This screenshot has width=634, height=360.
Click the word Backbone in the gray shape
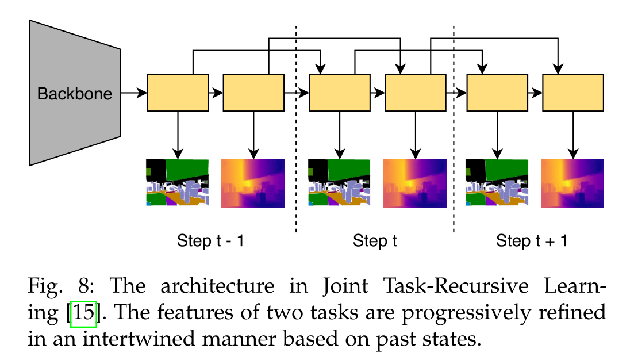75,94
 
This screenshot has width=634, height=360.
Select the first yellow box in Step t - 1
178,93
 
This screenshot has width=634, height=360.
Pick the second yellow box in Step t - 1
253,93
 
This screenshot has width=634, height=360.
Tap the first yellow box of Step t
340,93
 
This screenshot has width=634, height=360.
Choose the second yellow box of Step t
415,93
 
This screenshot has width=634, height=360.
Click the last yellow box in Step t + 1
573,93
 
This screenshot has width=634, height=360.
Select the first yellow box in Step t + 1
497,93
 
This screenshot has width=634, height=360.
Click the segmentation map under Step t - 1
178,183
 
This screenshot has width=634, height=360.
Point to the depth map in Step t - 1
253,183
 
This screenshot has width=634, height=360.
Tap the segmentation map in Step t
340,183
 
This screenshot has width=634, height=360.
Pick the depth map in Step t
415,183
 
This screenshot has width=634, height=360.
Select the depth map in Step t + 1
573,183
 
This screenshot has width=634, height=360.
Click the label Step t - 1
210,240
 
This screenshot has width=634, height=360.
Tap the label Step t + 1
532,240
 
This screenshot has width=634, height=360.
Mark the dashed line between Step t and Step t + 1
454,173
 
